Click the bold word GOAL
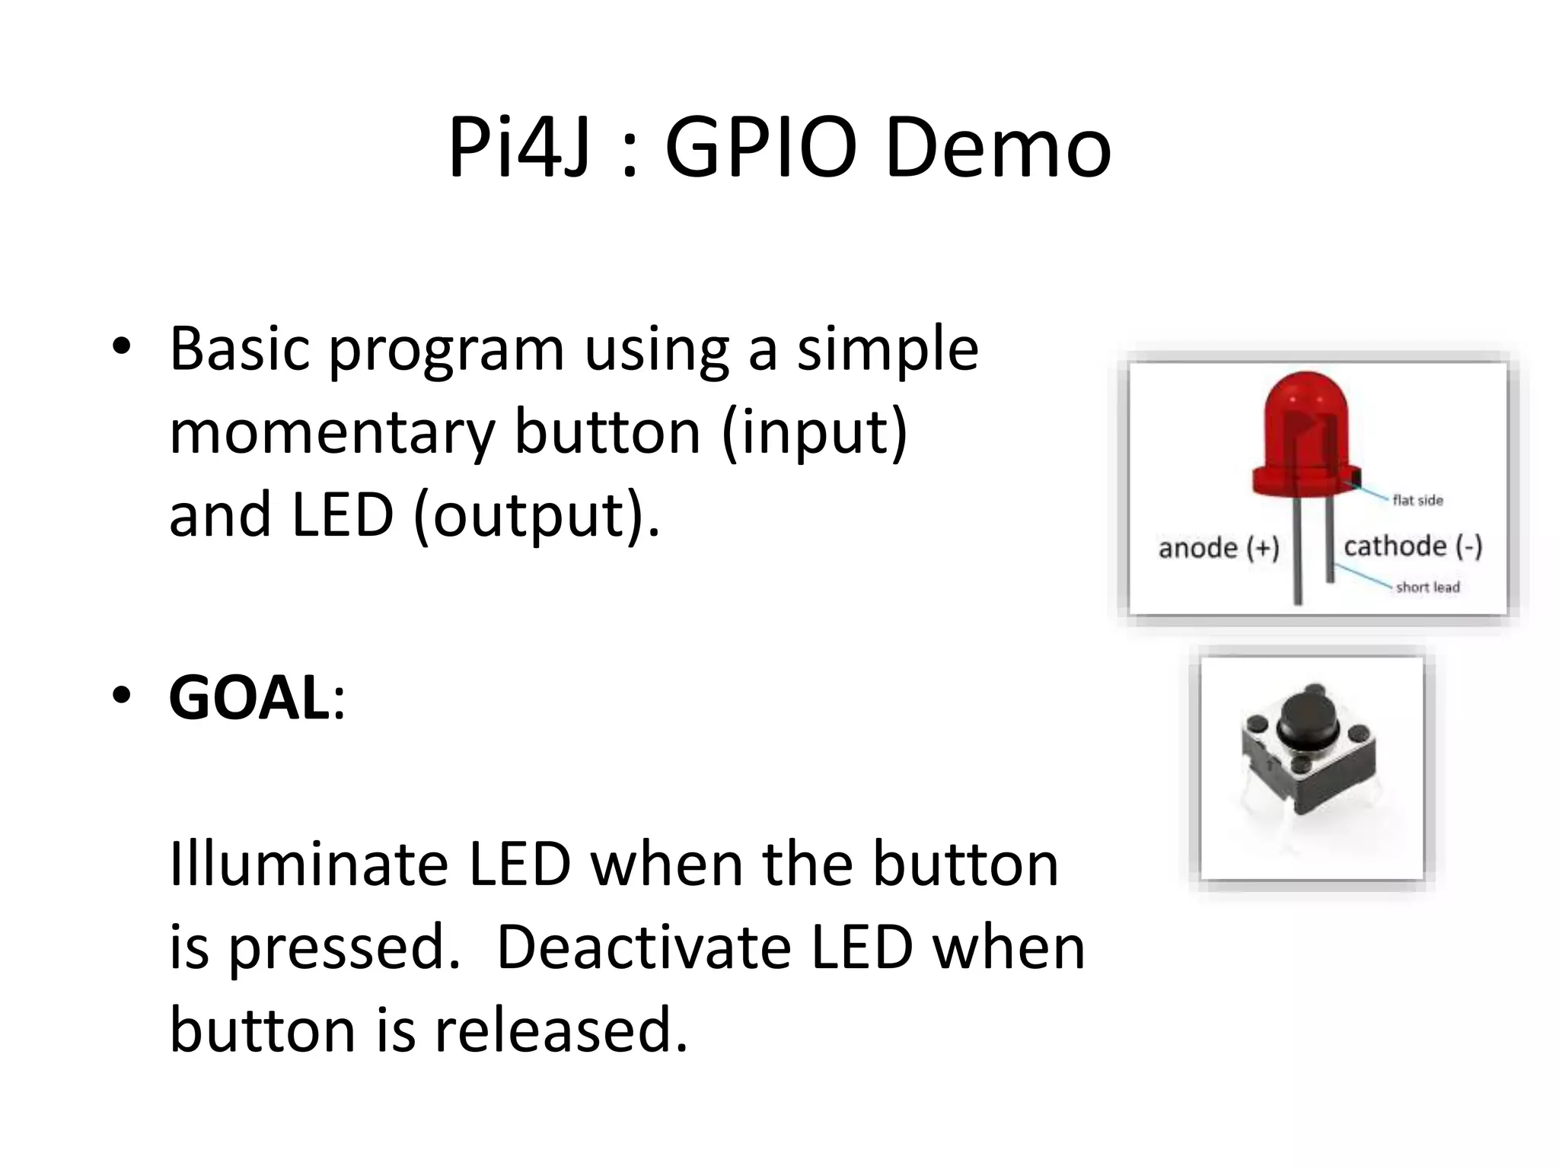[249, 698]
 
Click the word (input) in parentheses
[814, 432]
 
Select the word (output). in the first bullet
[537, 515]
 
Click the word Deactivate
[643, 948]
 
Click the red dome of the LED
[1306, 426]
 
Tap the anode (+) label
[1218, 548]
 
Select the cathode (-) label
[1413, 546]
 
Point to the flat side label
[1417, 500]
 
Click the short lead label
[1427, 587]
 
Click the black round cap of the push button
[1309, 717]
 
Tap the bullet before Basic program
[121, 348]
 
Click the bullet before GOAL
[121, 696]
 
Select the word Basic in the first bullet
[240, 349]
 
